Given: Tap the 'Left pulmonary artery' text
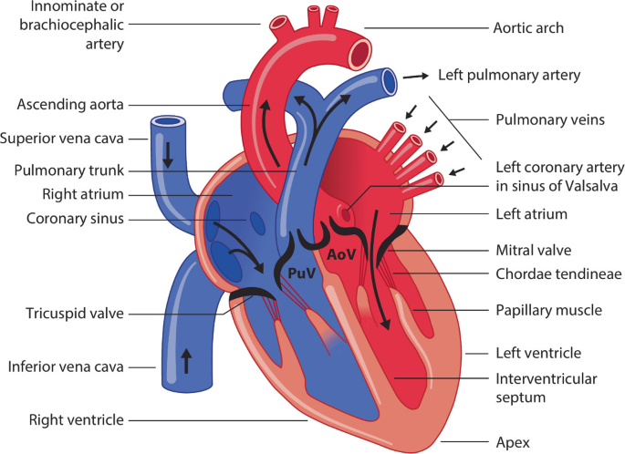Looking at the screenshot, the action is [509, 76].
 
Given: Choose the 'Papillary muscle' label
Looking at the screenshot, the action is [548, 310].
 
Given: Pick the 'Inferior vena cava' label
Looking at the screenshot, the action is [68, 368].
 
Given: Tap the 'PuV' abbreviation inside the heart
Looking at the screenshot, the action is [302, 272].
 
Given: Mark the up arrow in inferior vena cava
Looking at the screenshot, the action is [187, 360].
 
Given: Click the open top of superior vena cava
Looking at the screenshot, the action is [168, 120].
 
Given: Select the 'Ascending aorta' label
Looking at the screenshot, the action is [70, 105].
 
